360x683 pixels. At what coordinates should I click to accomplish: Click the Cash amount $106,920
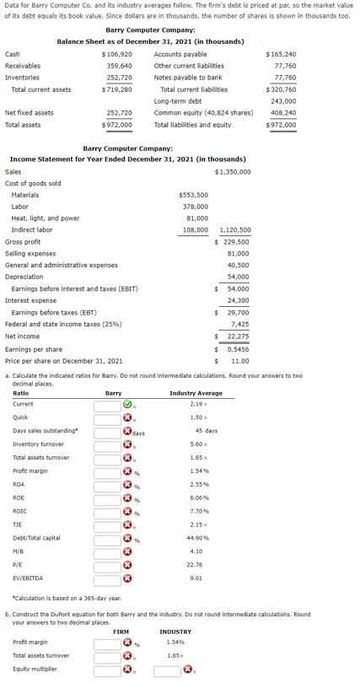pos(116,54)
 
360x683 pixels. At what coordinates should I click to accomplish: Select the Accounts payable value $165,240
pos(281,54)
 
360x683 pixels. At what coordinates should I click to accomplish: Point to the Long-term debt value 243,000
pos(282,101)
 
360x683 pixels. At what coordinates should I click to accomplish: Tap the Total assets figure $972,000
pos(116,125)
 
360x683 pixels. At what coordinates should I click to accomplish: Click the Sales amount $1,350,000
pos(233,172)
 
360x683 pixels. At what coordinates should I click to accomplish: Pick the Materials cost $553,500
pos(194,195)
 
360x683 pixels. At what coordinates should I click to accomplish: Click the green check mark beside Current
pos(127,404)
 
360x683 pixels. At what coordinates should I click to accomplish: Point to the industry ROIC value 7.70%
pos(199,511)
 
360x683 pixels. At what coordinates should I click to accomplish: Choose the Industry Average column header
pos(196,393)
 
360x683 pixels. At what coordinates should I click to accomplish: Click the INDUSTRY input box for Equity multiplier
pos(167,670)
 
